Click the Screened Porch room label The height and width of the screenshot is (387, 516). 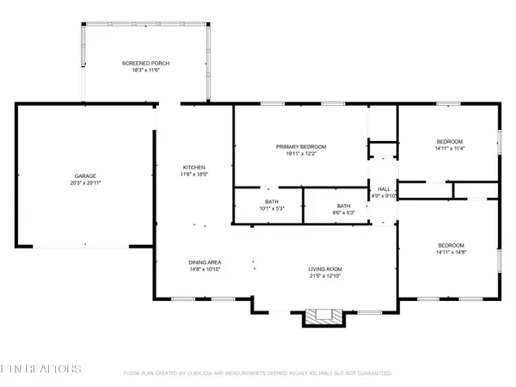[144, 64]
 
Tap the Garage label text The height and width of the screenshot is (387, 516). [85, 176]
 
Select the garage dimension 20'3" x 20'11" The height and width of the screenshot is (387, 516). [85, 183]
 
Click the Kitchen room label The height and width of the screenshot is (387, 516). [193, 168]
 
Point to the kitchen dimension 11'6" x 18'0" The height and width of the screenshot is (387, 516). [193, 175]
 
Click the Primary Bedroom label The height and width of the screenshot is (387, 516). [301, 147]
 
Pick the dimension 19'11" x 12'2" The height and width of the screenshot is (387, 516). [301, 154]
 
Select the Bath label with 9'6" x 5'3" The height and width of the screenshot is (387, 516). [344, 206]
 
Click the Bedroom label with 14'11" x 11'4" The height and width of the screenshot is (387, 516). [449, 141]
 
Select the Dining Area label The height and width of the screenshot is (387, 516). [206, 262]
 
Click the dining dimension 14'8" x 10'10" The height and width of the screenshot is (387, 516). [206, 270]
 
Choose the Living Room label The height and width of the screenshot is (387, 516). [326, 270]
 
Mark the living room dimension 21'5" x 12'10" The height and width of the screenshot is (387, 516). [326, 277]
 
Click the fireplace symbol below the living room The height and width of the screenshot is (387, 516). [323, 317]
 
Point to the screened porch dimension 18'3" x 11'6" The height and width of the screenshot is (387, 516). [144, 71]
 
